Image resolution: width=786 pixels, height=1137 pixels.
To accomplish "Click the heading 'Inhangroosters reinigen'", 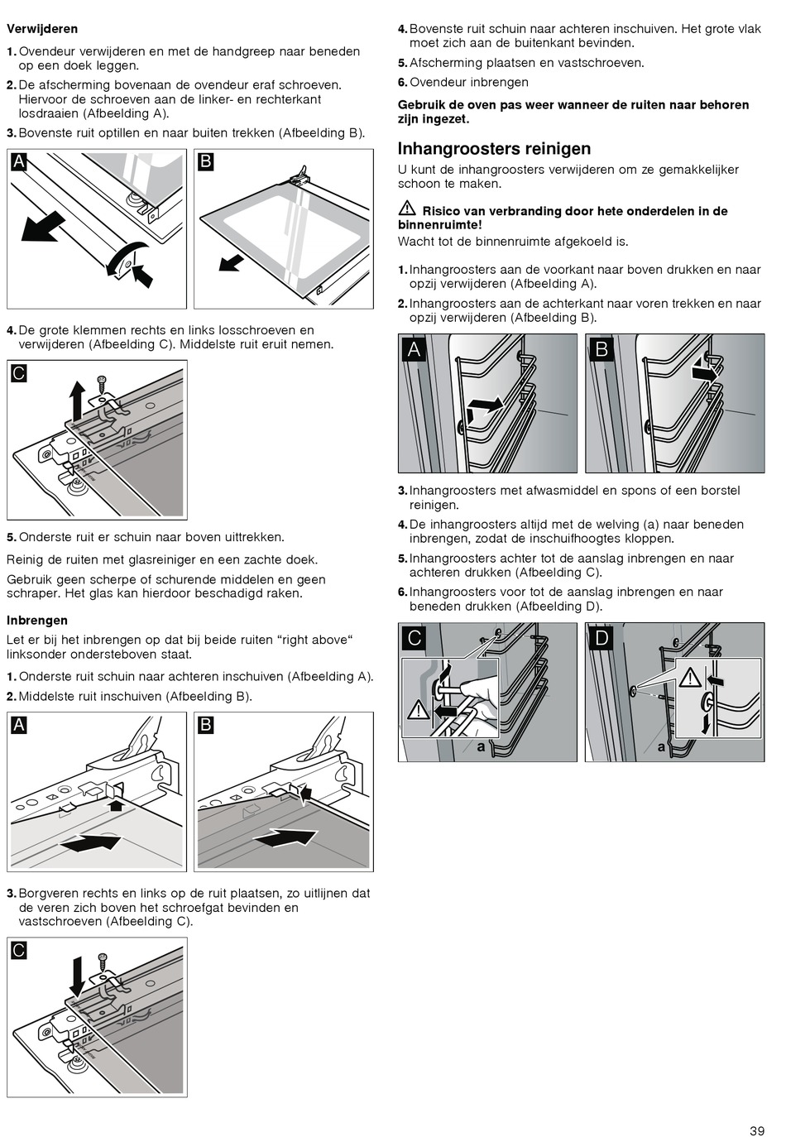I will click(494, 149).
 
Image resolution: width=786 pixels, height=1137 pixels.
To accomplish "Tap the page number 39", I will click(757, 1130).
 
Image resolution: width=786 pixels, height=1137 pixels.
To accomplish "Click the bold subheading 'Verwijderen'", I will click(42, 29).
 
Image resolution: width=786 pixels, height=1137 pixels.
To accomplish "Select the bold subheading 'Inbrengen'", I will click(37, 620).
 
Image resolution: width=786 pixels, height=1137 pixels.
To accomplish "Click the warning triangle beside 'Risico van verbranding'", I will click(406, 209).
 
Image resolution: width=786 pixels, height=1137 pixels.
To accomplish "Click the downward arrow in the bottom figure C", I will click(76, 976).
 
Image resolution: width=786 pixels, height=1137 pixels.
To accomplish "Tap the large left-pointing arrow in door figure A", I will click(43, 226).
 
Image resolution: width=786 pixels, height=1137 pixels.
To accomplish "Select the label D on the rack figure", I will click(601, 637).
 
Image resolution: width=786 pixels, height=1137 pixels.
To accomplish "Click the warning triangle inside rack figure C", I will click(419, 710).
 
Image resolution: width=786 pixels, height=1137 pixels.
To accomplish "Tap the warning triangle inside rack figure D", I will click(689, 679).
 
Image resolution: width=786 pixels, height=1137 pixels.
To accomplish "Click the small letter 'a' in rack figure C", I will click(481, 746).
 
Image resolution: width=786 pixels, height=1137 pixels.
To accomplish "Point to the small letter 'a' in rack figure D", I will click(661, 746).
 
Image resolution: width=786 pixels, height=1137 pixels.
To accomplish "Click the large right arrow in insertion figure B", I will click(285, 837).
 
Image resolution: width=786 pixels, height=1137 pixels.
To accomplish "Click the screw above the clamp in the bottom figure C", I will click(103, 962).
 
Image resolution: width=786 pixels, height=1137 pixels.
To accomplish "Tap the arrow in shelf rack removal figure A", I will click(485, 406).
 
